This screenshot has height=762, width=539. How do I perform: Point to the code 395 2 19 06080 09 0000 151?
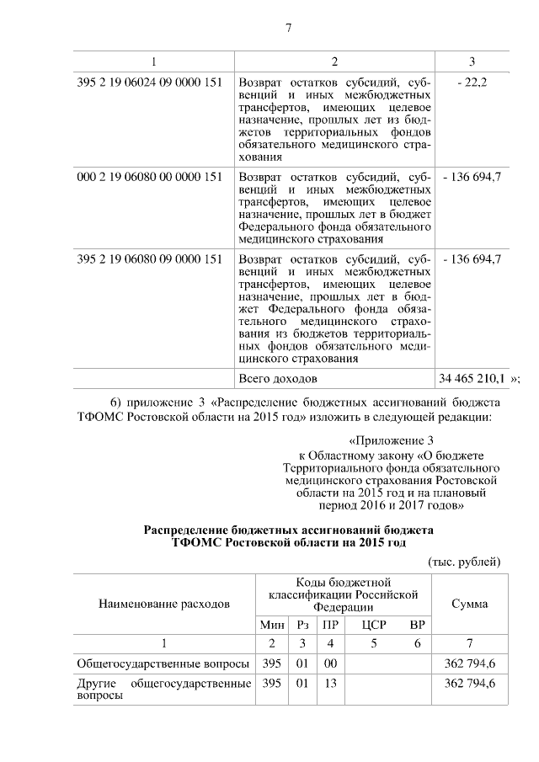pos(149,258)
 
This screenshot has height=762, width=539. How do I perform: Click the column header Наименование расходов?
pos(163,604)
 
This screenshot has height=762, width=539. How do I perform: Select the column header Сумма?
pos(469,604)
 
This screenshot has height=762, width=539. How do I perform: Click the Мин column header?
pos(270,625)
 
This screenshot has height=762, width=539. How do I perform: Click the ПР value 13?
pos(330,684)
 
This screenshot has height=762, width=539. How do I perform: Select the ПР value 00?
pos(330,664)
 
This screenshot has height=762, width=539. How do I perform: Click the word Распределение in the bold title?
pos(193,532)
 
